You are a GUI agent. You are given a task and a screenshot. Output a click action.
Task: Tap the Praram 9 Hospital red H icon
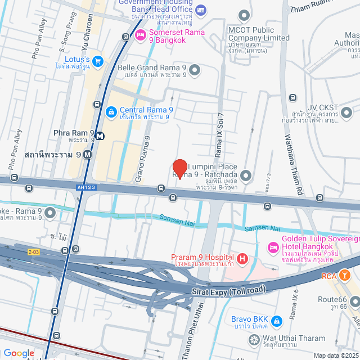[x=242, y=259]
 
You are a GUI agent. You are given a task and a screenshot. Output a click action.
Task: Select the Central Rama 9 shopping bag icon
[x=110, y=111]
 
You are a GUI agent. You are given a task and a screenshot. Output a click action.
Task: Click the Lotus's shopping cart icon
[x=98, y=61]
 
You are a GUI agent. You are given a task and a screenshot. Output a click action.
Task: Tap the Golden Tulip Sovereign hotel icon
[x=273, y=247]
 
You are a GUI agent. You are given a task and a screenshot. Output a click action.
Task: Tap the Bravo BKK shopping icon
[x=276, y=321]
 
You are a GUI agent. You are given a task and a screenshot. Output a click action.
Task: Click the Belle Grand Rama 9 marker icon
[x=195, y=70]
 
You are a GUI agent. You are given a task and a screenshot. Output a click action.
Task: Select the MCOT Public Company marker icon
[x=243, y=15]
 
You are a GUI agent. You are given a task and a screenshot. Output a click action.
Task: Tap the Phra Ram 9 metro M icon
[x=100, y=136]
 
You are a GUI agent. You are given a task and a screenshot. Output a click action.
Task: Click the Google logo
[x=18, y=353]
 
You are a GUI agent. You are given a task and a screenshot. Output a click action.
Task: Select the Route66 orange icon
[x=354, y=302]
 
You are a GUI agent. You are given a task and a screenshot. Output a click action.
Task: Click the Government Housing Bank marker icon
[x=201, y=10]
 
